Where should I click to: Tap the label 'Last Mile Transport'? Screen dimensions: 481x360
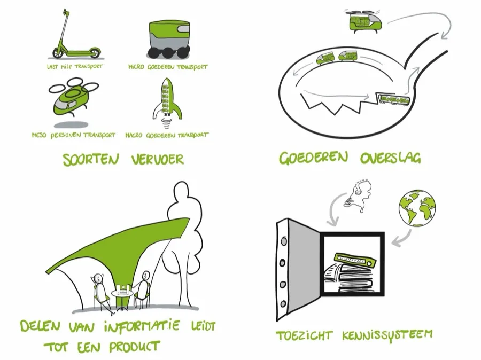[x=75, y=67]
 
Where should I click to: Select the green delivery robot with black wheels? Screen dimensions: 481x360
[x=169, y=39]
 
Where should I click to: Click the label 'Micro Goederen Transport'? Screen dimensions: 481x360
[x=168, y=67]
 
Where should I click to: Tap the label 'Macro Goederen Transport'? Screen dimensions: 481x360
[x=167, y=135]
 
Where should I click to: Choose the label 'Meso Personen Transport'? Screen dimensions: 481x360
[x=74, y=135]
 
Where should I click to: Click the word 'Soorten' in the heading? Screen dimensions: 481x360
[x=91, y=160]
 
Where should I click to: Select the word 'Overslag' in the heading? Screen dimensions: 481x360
[x=391, y=158]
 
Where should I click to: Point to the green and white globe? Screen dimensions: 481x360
[x=417, y=208]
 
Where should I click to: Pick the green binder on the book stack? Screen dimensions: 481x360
[x=355, y=260]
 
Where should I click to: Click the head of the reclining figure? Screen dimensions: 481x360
[x=98, y=278]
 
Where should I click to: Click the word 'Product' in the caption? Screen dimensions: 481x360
[x=134, y=347]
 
